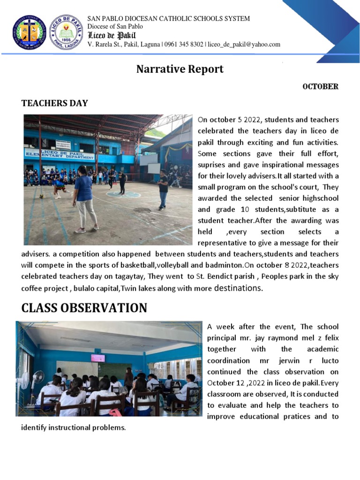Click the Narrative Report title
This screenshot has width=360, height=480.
[180, 69]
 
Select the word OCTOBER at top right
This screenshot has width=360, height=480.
[320, 87]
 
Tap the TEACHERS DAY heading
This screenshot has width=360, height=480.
[55, 103]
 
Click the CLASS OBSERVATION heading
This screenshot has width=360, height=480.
[84, 308]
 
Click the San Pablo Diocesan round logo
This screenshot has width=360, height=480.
[29, 33]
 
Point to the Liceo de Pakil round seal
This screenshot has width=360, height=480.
[66, 32]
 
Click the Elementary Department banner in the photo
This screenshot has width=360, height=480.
[60, 155]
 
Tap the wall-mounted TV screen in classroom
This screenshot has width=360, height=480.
[98, 358]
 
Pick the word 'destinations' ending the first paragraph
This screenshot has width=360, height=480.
[238, 288]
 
